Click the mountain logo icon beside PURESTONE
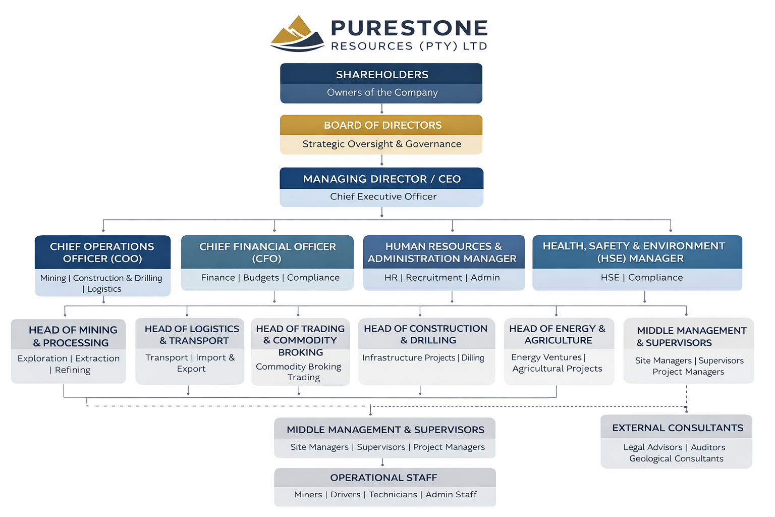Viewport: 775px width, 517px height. [297, 34]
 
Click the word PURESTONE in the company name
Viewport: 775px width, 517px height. [409, 28]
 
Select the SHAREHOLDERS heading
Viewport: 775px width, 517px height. [382, 75]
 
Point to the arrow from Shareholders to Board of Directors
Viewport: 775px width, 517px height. [382, 109]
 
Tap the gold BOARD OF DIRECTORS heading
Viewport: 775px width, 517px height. [382, 125]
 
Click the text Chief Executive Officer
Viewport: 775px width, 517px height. [383, 197]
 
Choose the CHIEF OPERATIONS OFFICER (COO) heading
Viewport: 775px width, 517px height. [102, 252]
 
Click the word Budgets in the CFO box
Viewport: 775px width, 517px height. [261, 278]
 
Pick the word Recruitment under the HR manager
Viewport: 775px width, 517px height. [434, 278]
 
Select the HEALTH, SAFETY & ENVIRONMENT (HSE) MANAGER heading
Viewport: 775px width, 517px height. [634, 252]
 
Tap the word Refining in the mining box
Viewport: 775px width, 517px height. [73, 370]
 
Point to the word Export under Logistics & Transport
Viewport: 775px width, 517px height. [191, 369]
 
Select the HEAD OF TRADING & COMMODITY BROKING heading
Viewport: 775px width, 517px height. [300, 340]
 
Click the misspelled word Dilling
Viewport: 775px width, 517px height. [473, 358]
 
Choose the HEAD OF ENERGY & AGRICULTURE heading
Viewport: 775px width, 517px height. [558, 334]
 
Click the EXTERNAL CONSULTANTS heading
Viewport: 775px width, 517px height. [677, 428]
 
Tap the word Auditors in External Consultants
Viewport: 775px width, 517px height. [708, 447]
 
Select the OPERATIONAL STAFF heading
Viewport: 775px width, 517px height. [383, 478]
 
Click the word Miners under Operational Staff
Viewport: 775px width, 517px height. [308, 495]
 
